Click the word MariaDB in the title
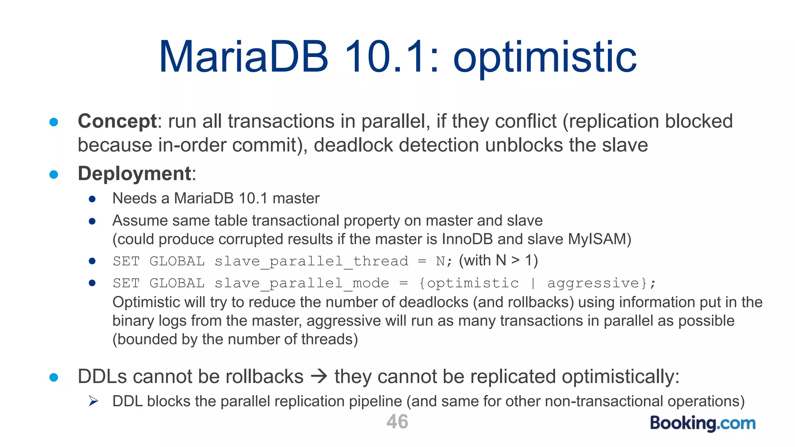coord(244,57)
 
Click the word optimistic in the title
coord(545,58)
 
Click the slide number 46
coord(397,421)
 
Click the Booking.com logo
coord(703,423)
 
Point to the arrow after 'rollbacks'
coord(319,376)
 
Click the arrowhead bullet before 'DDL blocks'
coord(93,401)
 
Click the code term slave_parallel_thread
coord(311,261)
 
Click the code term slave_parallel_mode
coord(302,283)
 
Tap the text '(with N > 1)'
coord(498,260)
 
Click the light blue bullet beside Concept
coord(54,122)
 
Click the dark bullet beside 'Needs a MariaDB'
coord(92,199)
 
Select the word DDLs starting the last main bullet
coord(102,376)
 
